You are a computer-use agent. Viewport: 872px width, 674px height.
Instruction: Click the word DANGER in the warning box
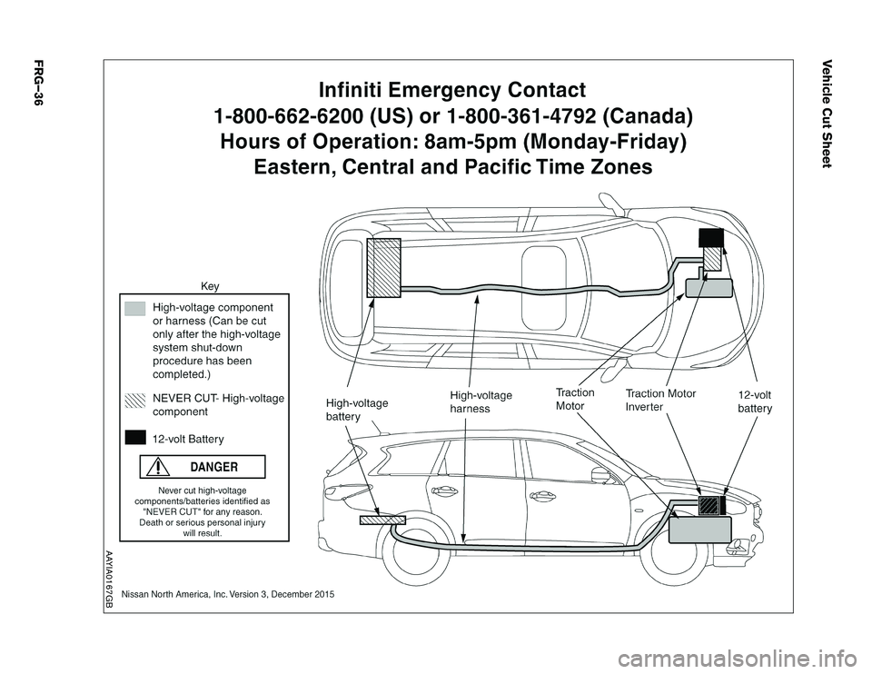click(215, 467)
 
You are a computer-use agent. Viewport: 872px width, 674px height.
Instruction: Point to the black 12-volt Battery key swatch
click(136, 438)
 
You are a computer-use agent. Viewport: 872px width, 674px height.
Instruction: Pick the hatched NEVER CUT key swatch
click(136, 398)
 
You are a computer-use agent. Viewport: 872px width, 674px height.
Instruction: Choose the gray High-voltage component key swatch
click(136, 308)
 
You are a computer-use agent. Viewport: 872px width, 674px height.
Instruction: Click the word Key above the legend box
click(210, 286)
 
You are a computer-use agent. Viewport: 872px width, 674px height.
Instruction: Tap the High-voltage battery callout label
click(356, 409)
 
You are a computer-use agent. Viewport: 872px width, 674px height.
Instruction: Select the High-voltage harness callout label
click(481, 401)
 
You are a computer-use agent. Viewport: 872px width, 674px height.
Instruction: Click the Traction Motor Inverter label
click(660, 401)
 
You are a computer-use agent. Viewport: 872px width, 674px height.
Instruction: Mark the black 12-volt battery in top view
click(710, 238)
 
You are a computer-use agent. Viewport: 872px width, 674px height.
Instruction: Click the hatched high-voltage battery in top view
click(383, 267)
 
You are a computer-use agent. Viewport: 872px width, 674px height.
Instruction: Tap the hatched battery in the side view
click(381, 520)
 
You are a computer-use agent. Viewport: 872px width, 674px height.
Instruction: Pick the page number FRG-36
click(38, 83)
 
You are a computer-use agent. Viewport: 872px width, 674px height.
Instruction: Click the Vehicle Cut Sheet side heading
click(827, 112)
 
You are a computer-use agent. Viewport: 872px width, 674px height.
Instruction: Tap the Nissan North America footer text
click(227, 593)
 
